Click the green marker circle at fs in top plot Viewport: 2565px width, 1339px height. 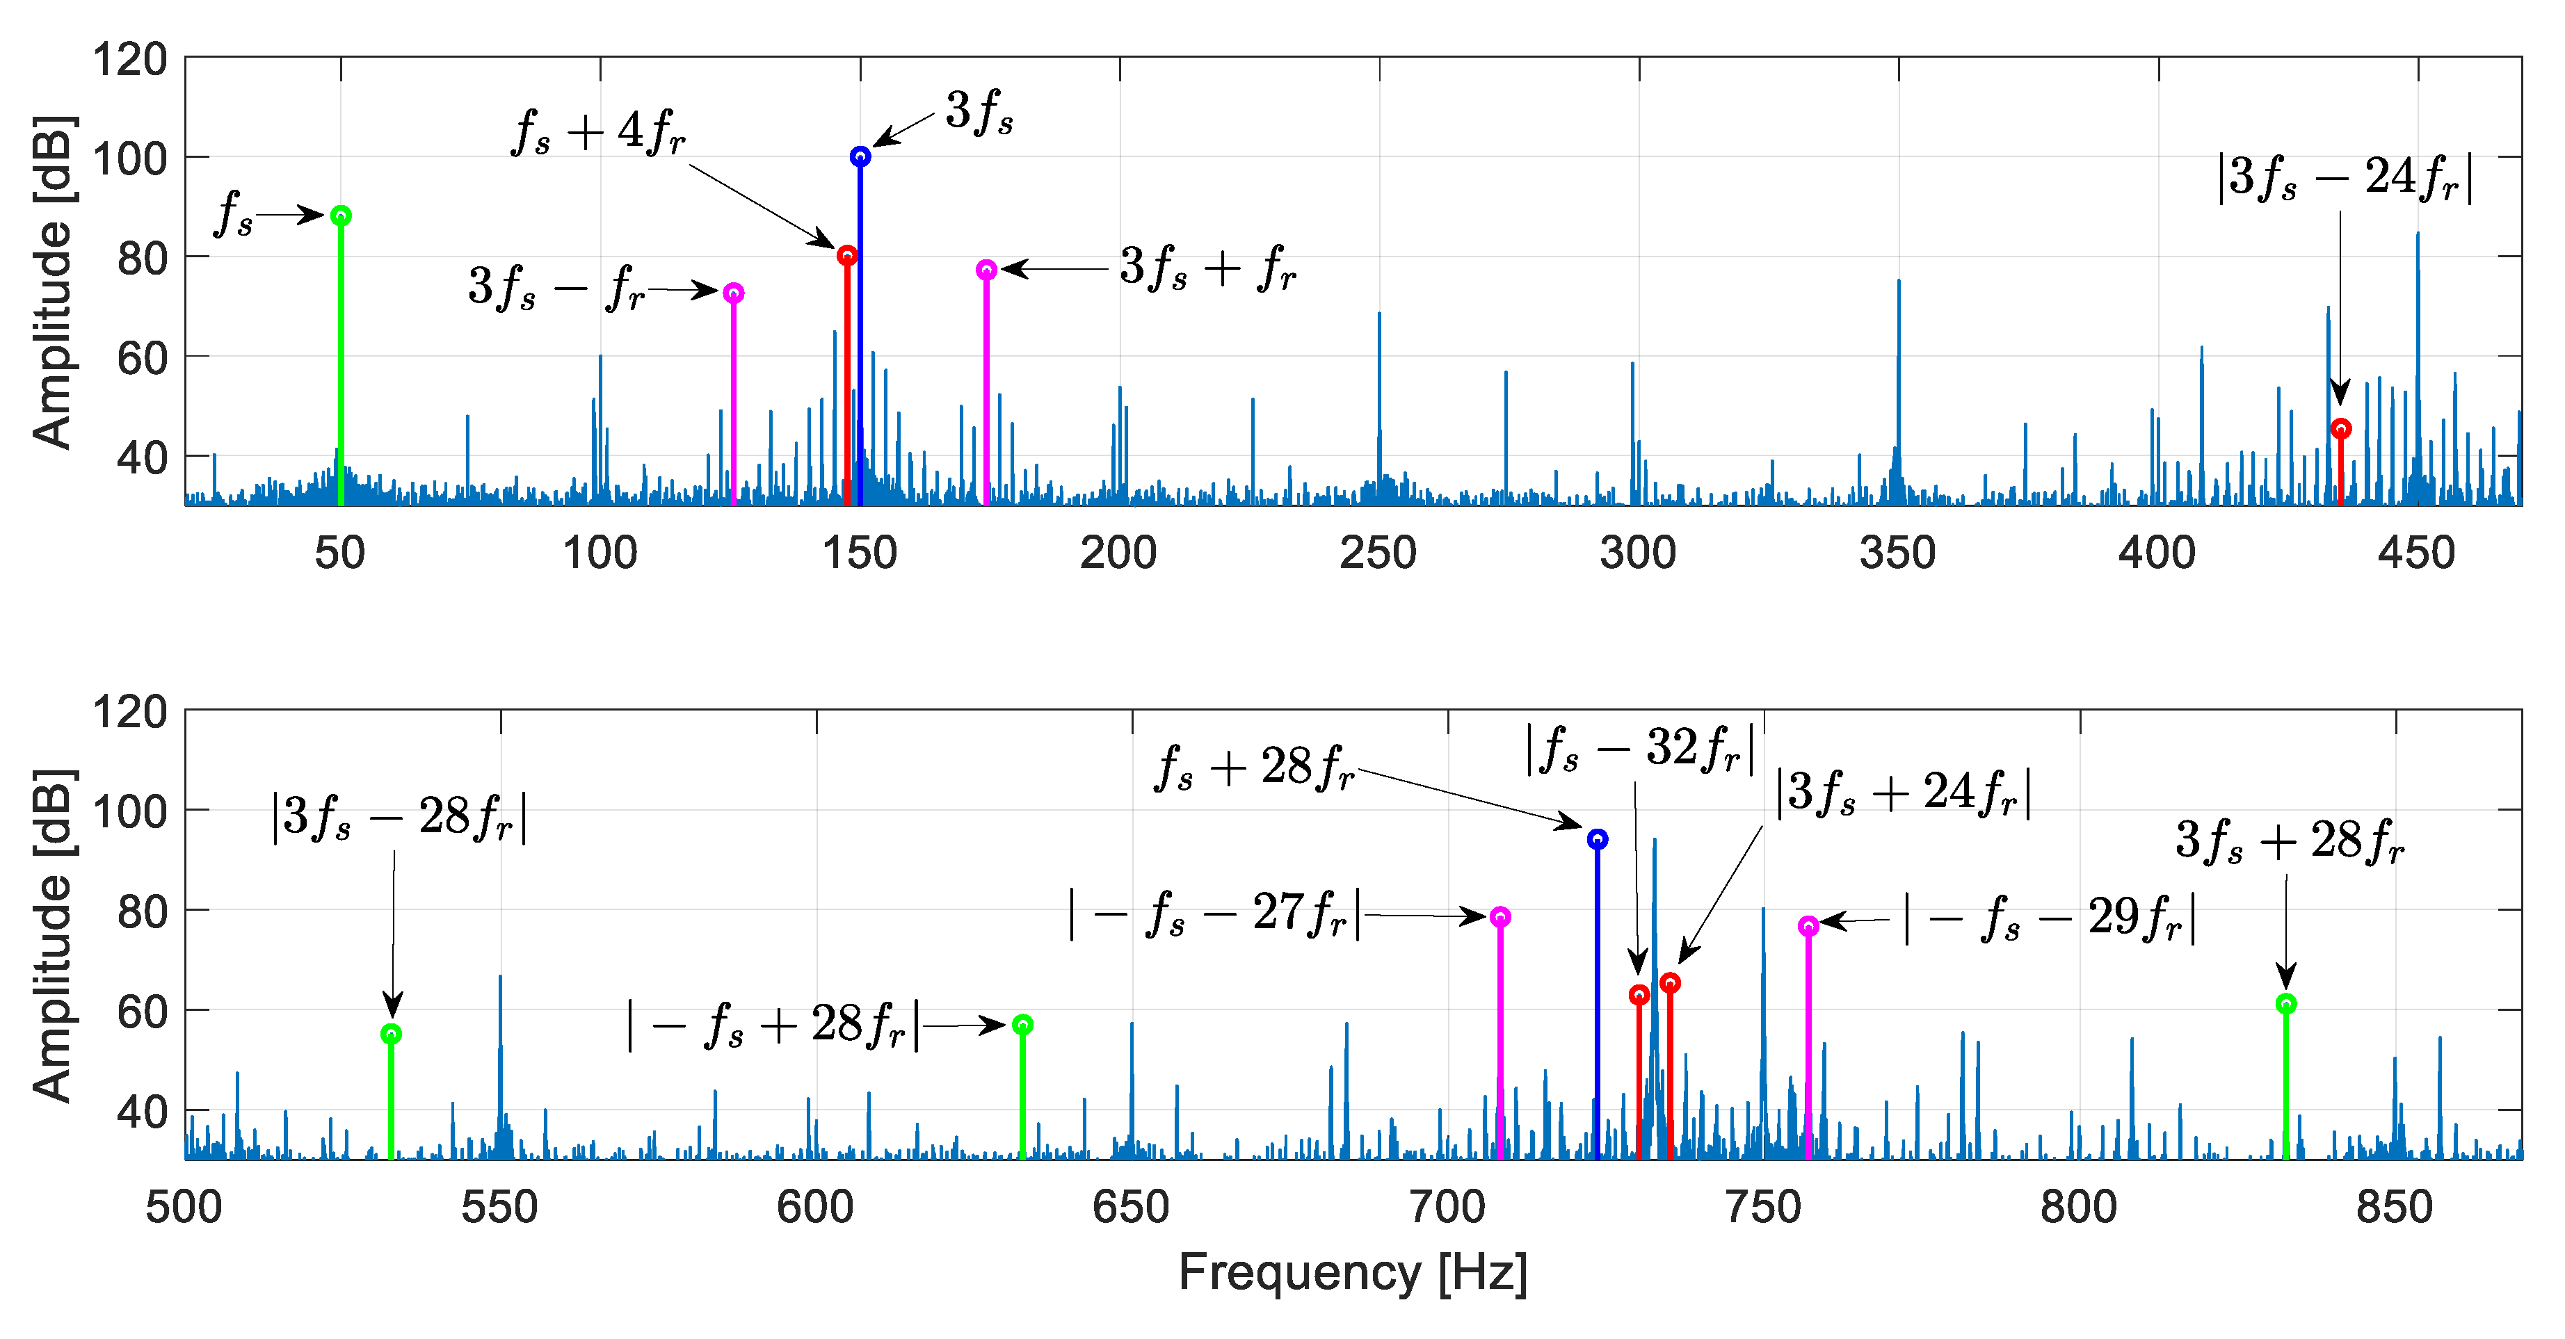tap(341, 216)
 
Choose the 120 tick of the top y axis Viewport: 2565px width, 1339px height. tap(129, 60)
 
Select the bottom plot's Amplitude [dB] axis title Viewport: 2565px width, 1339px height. tap(51, 936)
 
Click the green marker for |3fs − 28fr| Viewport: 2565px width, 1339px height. tap(392, 1035)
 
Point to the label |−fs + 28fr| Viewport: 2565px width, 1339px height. tap(773, 1025)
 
